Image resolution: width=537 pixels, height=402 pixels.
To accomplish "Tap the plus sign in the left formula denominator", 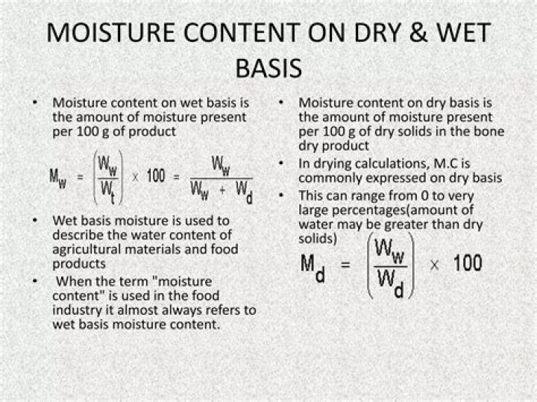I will [223, 192].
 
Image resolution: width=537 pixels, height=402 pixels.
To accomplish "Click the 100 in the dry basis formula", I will [467, 263].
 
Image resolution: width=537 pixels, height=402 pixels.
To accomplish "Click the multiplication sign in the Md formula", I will [433, 264].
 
